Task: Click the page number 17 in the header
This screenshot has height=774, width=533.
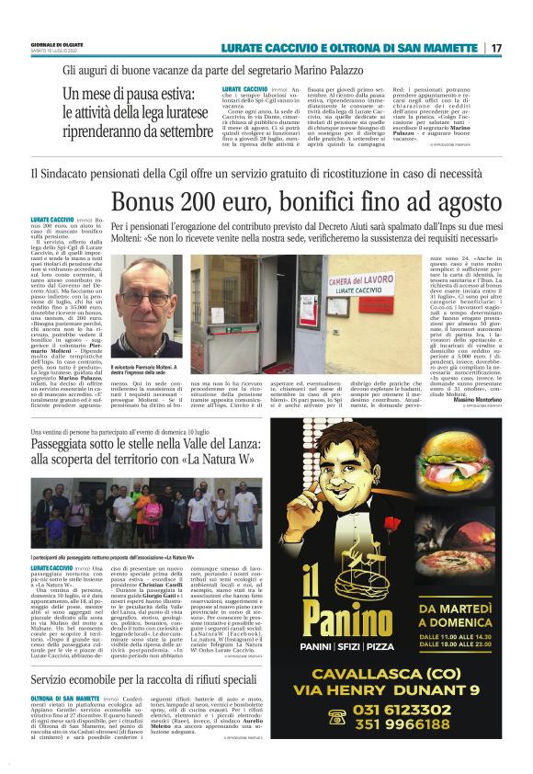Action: pos(496,48)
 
